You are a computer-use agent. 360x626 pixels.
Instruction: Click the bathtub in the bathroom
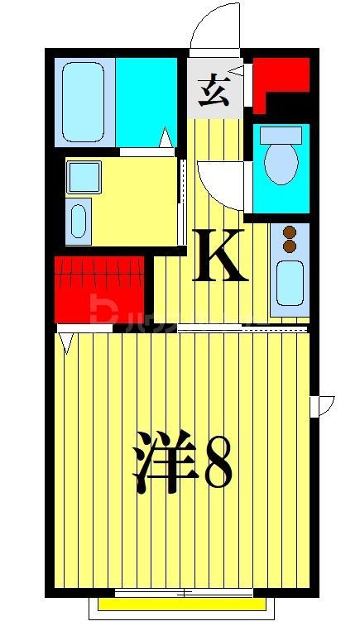[x=84, y=101]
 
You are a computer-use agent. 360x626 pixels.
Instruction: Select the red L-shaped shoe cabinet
[x=275, y=79]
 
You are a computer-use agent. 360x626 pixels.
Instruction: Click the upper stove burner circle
[x=290, y=232]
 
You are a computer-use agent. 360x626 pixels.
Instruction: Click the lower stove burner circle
[x=290, y=246]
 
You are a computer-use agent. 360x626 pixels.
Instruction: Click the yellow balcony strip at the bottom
[x=182, y=604]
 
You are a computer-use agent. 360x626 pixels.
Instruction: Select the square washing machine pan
[x=84, y=176]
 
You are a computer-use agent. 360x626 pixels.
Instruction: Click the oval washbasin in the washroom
[x=79, y=221]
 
